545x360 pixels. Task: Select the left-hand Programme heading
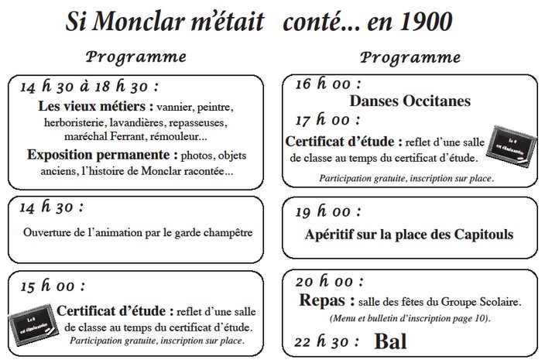point(136,57)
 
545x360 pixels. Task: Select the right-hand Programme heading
point(410,57)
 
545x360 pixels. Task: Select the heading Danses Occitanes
point(410,100)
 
